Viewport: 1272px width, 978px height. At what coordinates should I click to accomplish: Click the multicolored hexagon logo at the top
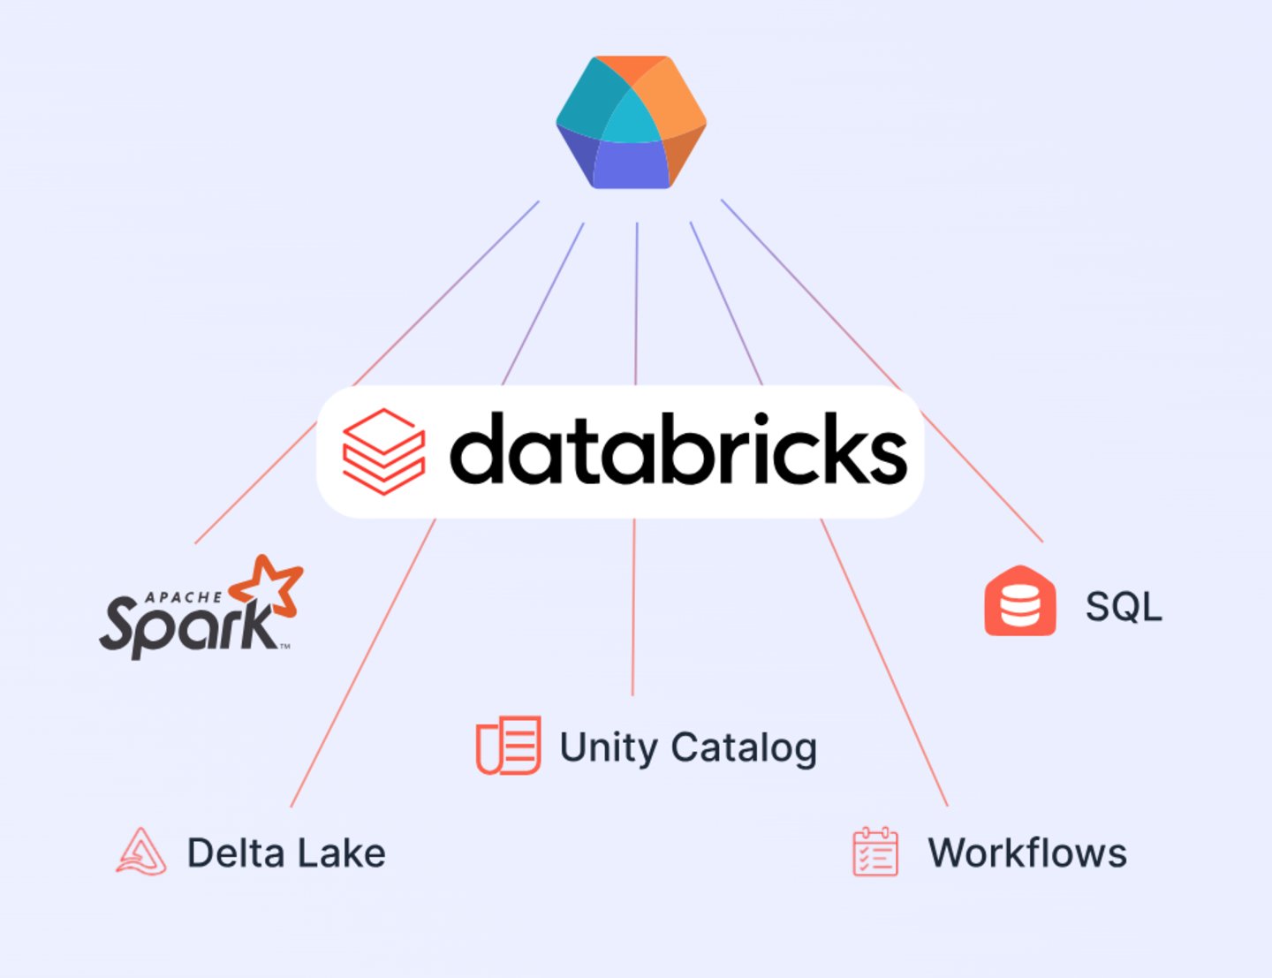(x=631, y=122)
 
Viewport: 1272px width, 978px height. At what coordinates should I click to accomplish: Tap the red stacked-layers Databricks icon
(x=383, y=451)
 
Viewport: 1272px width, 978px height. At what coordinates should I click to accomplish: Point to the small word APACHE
(x=184, y=598)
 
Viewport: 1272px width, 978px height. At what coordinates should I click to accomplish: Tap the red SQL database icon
(x=1020, y=602)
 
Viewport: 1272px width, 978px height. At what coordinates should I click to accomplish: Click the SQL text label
(x=1123, y=607)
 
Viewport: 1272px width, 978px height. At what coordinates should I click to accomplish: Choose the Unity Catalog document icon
(x=509, y=746)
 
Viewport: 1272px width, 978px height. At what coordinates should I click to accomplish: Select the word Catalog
(x=743, y=748)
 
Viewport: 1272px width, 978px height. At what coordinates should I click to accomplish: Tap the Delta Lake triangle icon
(x=141, y=852)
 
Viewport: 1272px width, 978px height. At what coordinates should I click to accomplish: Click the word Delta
(x=235, y=853)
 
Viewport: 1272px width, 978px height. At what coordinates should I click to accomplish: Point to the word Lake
(x=340, y=853)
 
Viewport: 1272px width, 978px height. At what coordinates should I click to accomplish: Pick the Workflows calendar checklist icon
(x=874, y=852)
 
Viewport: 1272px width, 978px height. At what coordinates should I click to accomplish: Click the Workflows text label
(x=1027, y=853)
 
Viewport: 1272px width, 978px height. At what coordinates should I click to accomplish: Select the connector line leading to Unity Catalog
(x=633, y=610)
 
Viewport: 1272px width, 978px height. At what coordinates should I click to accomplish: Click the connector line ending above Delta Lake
(x=362, y=663)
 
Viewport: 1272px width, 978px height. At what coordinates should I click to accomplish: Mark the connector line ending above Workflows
(x=883, y=663)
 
